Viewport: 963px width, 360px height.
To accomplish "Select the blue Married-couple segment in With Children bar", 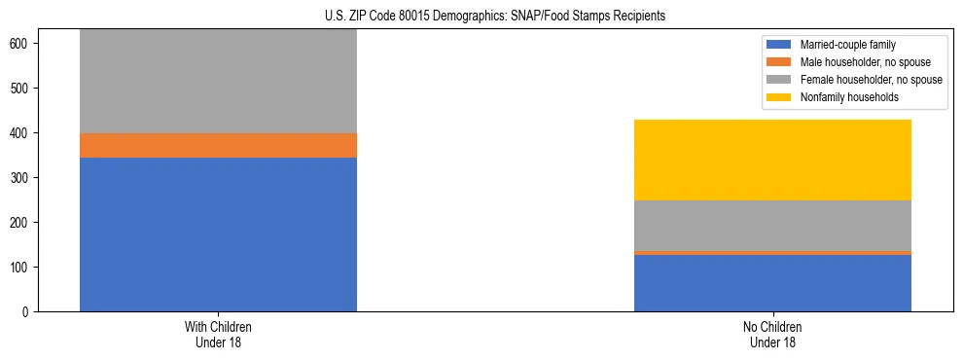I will coord(218,234).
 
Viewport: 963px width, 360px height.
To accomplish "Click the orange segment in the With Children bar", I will coord(218,146).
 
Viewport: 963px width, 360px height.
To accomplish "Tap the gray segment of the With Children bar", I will coord(218,82).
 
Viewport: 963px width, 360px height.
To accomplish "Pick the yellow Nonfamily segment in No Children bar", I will coord(772,161).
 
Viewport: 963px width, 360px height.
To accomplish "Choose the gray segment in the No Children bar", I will coord(772,226).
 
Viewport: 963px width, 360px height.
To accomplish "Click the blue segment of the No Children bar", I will coord(772,283).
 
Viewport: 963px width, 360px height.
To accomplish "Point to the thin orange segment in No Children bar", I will coord(772,253).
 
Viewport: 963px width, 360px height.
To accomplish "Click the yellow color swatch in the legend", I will coord(779,97).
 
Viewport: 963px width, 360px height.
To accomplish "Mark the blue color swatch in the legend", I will coord(779,45).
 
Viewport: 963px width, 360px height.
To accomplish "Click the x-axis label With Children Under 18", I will coord(218,335).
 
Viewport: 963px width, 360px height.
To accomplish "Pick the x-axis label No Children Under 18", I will coord(772,335).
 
